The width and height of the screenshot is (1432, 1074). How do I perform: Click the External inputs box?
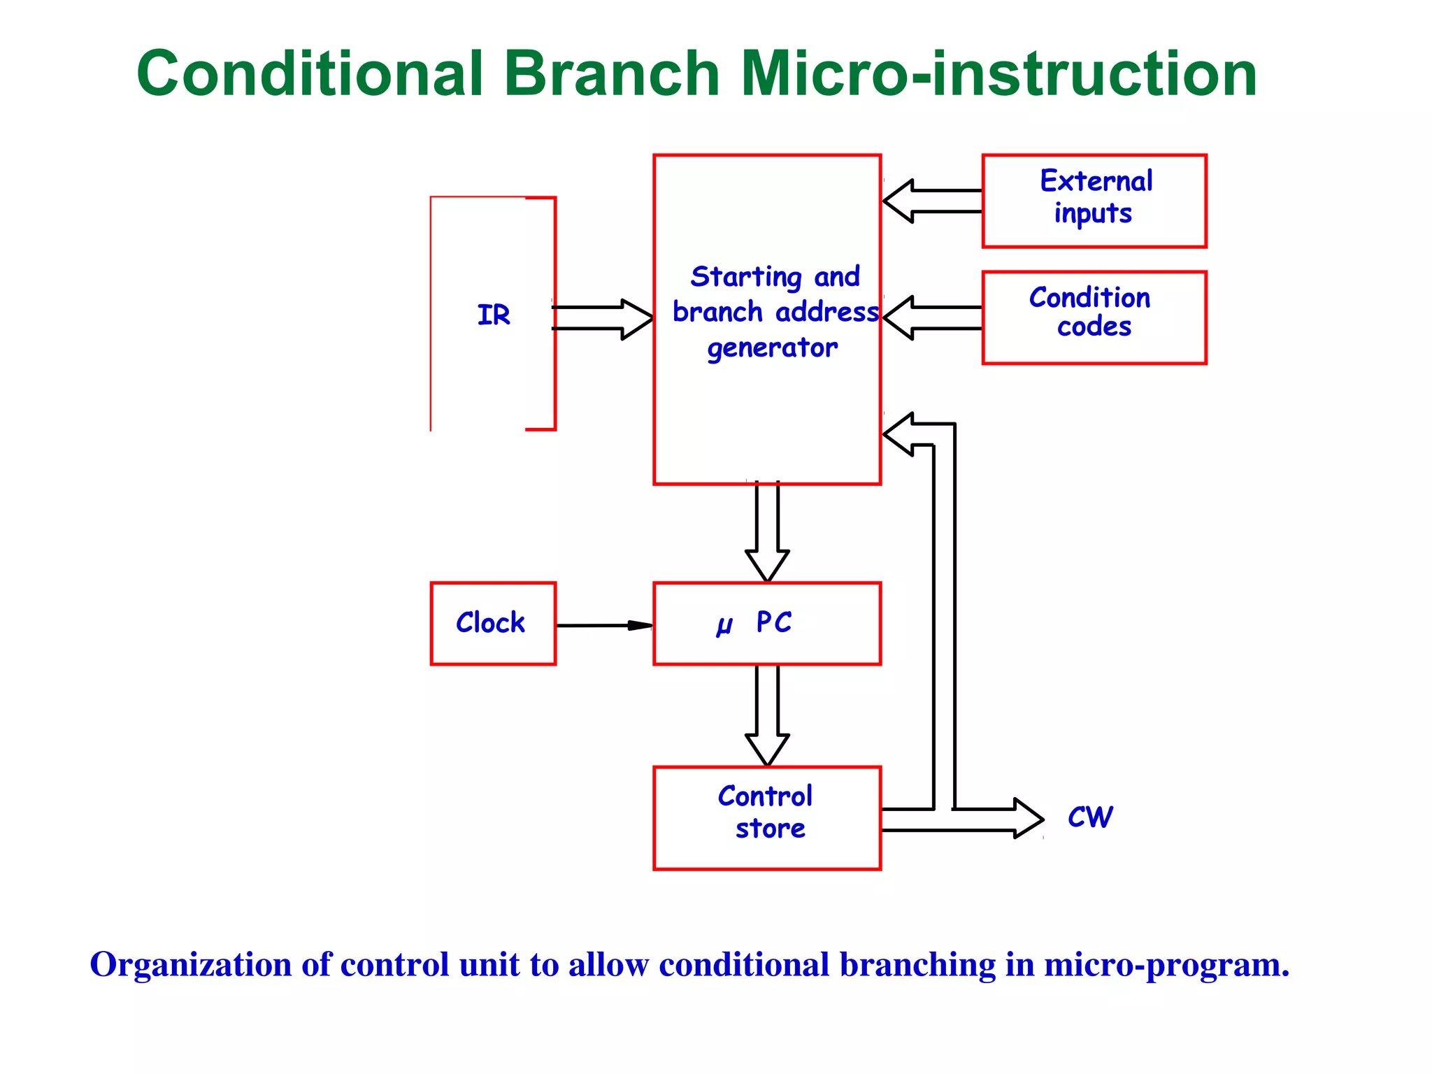point(1094,201)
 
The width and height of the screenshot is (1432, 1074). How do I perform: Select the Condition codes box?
point(1094,317)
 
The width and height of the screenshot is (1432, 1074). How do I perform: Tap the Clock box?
point(493,623)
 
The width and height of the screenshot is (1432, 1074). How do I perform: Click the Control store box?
point(767,817)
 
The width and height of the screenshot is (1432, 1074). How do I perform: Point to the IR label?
point(494,315)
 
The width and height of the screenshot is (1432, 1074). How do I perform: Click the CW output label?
point(1090,817)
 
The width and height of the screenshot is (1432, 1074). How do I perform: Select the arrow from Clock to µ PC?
point(604,625)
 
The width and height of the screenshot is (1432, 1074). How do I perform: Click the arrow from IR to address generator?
point(603,319)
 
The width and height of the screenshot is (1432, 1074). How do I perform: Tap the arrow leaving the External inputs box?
point(933,201)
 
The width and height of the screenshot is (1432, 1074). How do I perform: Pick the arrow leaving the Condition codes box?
point(933,317)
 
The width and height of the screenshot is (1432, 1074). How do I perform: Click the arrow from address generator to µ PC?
point(767,531)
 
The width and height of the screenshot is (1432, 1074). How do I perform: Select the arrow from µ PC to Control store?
point(767,715)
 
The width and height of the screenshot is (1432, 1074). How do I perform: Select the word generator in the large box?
point(772,348)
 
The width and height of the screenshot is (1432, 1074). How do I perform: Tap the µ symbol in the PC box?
point(724,624)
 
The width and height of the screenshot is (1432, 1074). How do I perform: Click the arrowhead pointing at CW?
point(1029,819)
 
